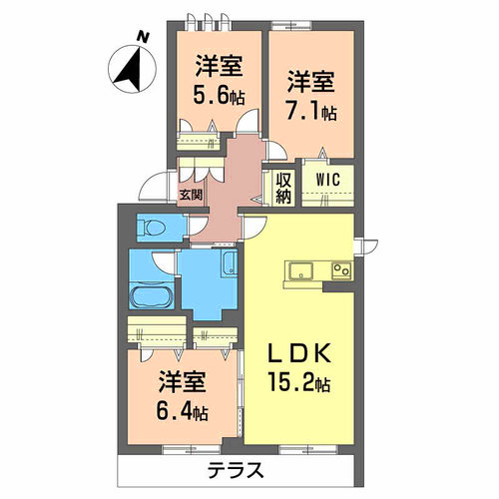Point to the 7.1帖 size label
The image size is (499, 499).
point(311,106)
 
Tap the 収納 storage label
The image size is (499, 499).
point(282,188)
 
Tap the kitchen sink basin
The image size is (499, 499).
point(301,270)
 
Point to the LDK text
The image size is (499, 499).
point(302,354)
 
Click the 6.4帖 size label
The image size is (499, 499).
point(182,411)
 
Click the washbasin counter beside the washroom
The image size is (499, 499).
point(228,266)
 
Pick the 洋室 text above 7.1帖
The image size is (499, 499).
point(310,78)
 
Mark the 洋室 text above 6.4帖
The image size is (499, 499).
point(181,383)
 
